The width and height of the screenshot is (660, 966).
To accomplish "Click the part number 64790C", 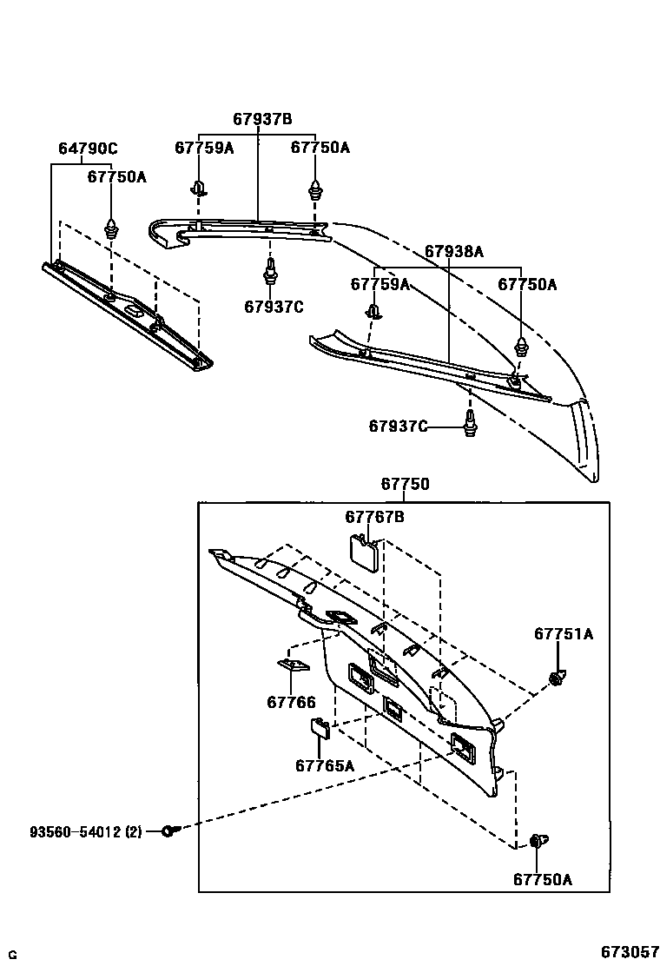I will (88, 149).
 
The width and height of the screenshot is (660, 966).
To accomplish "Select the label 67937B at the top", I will (261, 119).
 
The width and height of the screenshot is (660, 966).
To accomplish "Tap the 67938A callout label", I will (453, 252).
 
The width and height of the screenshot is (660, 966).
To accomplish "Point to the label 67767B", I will (374, 518).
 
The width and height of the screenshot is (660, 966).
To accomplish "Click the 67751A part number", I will (563, 635).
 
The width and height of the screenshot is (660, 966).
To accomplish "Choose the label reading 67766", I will (291, 702).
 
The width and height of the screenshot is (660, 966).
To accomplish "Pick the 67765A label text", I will (325, 765).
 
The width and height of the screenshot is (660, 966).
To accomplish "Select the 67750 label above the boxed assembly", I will (405, 485).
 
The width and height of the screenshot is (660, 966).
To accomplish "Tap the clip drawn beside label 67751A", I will (556, 677).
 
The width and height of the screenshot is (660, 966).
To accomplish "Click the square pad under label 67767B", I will (362, 551).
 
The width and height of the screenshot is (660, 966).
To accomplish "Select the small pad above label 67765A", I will (320, 727).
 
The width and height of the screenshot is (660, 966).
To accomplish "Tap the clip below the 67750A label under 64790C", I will (111, 229).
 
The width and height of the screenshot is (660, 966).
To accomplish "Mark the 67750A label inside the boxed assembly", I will (542, 879).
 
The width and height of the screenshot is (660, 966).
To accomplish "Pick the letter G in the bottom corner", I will (12, 956).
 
